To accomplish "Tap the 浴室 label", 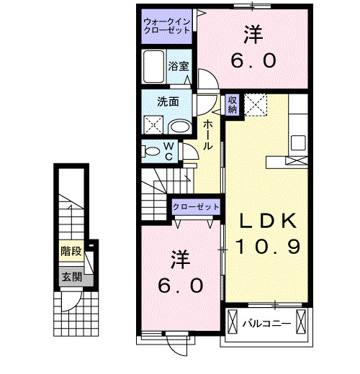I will coord(179,65).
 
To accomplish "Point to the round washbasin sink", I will coord(180,125).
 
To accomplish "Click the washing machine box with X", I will coord(154,124).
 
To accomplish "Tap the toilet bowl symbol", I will coord(153,151).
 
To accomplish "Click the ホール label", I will coord(207,134).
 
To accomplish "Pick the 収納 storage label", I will coord(233,105).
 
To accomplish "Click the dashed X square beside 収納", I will coord(256,105).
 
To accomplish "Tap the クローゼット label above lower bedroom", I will coord(196,207).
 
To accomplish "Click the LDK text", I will coord(264,221).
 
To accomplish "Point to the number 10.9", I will coord(264,247).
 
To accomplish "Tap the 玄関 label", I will coord(70,276).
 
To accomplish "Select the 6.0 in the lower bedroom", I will coord(179,285).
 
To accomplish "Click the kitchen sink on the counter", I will coord(298,143).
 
